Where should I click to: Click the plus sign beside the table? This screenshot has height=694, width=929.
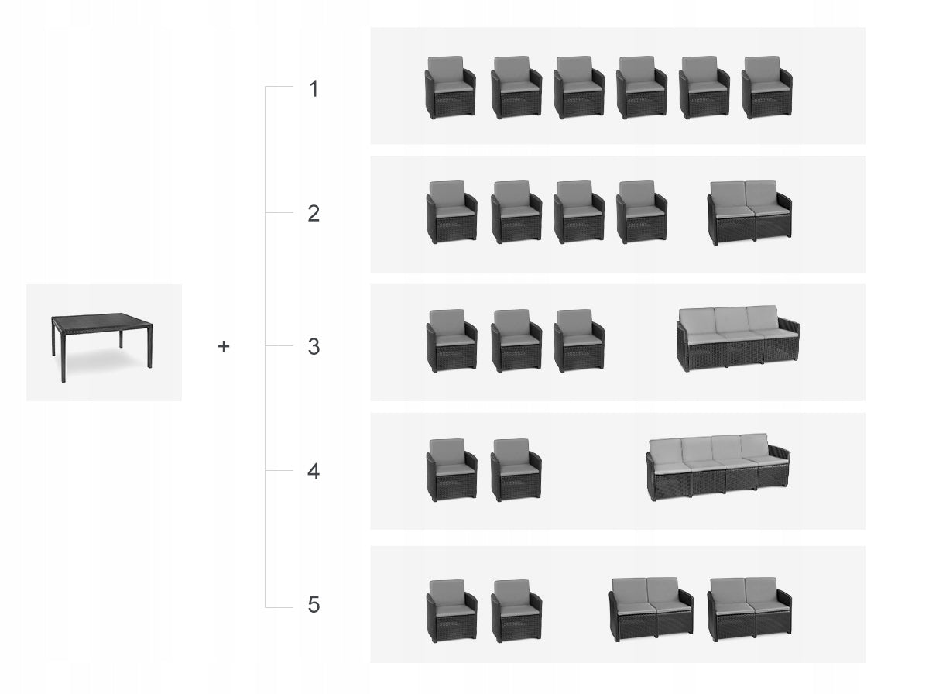tap(224, 346)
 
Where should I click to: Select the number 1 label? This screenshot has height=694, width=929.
tap(314, 89)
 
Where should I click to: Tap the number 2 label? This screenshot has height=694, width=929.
tap(314, 214)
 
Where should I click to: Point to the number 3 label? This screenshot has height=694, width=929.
tap(314, 347)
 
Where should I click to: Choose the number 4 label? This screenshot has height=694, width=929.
tap(314, 471)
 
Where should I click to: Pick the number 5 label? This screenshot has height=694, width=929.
tap(314, 605)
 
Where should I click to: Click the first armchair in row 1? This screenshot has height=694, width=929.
tap(450, 88)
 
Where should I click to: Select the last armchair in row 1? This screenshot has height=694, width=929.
tap(766, 88)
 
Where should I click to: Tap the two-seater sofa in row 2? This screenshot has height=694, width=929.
tap(749, 212)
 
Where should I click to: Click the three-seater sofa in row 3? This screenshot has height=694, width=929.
tap(739, 338)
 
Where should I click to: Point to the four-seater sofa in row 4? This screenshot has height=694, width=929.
tap(718, 467)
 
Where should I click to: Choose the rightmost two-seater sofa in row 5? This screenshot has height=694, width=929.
tap(749, 610)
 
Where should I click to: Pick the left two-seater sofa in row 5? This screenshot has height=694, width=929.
tap(651, 610)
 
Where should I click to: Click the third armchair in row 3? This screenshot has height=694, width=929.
tap(579, 341)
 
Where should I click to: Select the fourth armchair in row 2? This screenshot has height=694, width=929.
tap(642, 212)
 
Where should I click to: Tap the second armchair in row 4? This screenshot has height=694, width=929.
tap(516, 469)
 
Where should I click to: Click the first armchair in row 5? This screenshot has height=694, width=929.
tap(451, 610)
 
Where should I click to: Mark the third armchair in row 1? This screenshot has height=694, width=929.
tap(579, 88)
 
